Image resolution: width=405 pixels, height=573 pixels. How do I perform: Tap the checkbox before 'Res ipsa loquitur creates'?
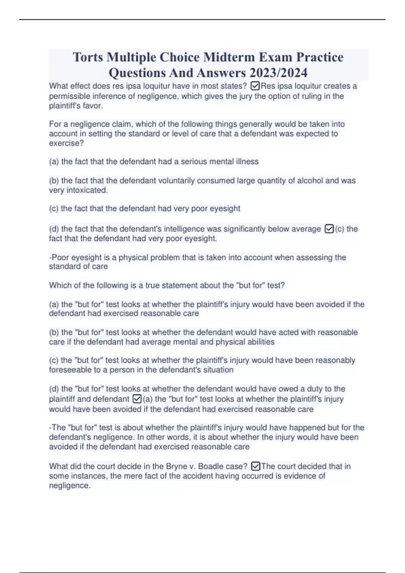click(255, 86)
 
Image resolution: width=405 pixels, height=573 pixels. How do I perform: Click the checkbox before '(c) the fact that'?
click(329, 229)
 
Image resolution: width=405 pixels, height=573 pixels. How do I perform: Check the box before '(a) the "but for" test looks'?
click(137, 399)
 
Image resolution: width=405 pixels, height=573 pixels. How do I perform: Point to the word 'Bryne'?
click(177, 466)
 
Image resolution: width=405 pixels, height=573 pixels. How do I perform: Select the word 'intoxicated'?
click(87, 190)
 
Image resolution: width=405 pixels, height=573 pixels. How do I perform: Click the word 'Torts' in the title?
click(88, 57)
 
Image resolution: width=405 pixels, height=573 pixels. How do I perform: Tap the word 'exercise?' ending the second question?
click(66, 143)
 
